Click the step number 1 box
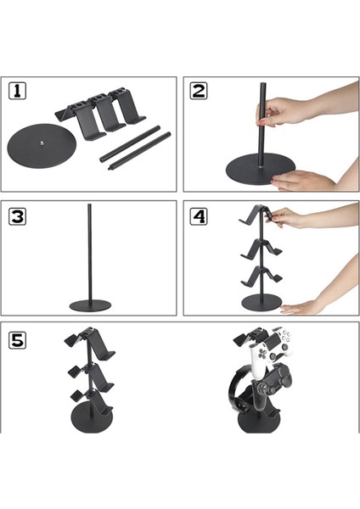click(x=17, y=91)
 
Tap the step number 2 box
click(x=199, y=91)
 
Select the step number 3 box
click(x=17, y=216)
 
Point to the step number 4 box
click(x=199, y=216)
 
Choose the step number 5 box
click(x=17, y=340)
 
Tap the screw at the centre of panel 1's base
click(x=42, y=143)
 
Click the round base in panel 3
click(x=90, y=305)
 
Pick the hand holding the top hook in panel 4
click(x=286, y=217)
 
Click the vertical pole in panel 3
click(x=89, y=253)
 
